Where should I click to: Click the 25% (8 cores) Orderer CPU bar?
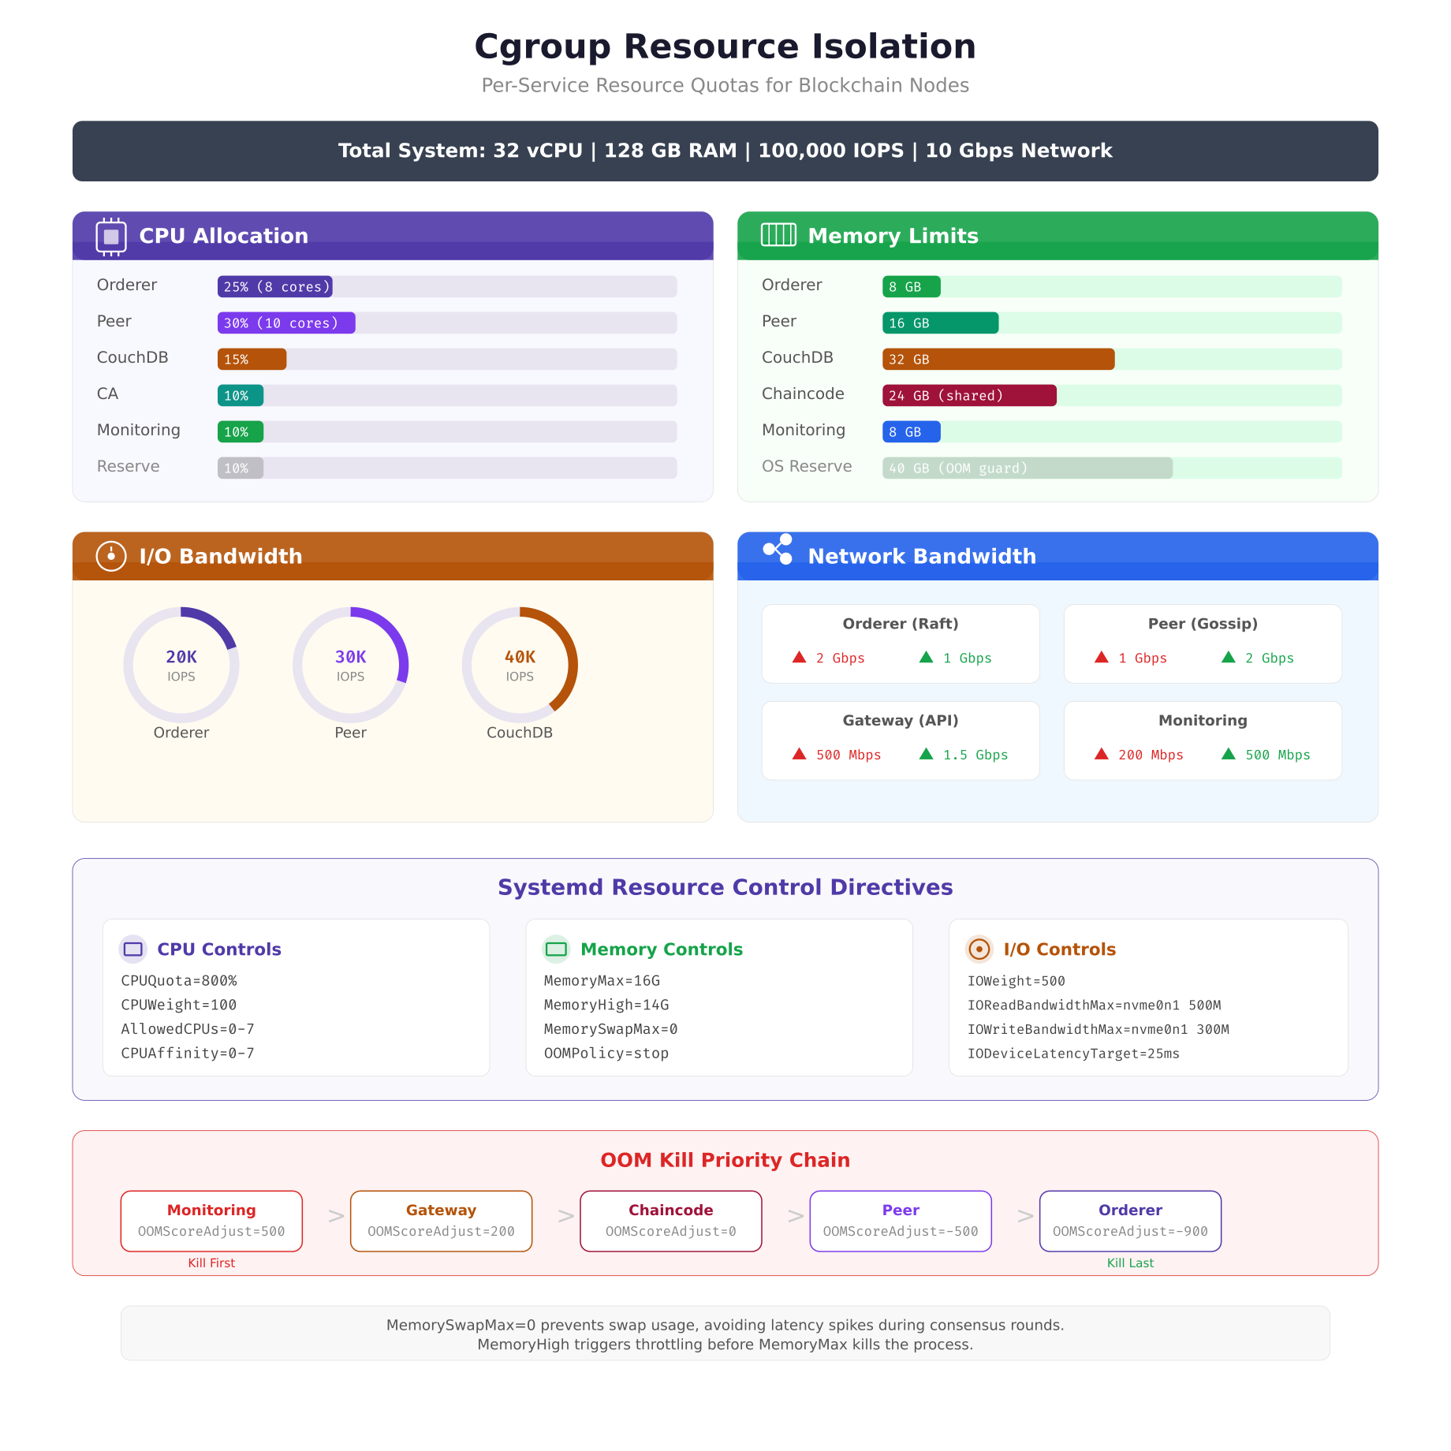274,286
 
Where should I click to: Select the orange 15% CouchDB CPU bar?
252,359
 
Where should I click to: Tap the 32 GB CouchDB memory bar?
998,359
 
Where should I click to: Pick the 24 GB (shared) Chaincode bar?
968,395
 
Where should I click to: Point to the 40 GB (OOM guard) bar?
1027,468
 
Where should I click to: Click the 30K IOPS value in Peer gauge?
350,657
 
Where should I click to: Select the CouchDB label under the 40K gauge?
519,733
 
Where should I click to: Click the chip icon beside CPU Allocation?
111,236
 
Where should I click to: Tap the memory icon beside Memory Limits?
778,235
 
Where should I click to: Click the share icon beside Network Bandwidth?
778,550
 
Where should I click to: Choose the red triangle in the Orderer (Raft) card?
799,657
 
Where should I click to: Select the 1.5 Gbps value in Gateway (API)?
975,755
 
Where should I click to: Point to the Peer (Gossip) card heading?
1202,624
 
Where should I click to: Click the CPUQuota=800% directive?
179,980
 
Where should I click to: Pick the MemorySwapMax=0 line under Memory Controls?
610,1029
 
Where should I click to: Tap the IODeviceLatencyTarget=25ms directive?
1072,1054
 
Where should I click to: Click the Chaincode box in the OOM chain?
670,1220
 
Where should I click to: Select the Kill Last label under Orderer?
1129,1263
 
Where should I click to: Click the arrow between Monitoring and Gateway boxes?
337,1216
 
